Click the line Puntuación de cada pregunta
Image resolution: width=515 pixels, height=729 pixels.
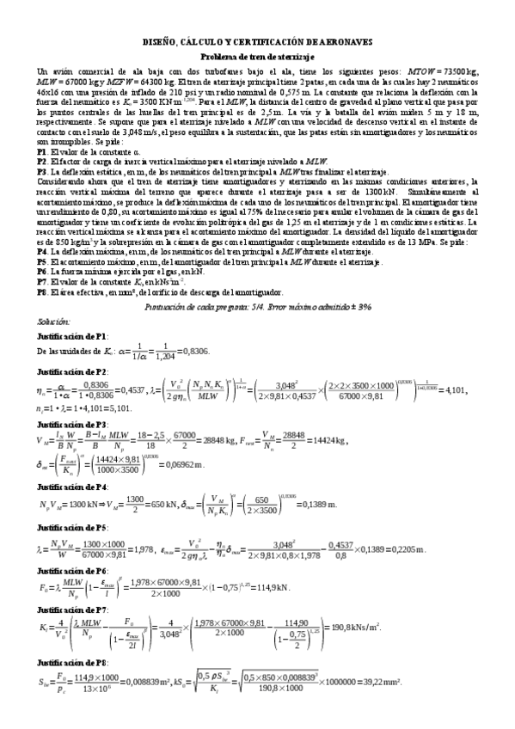(x=258, y=306)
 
